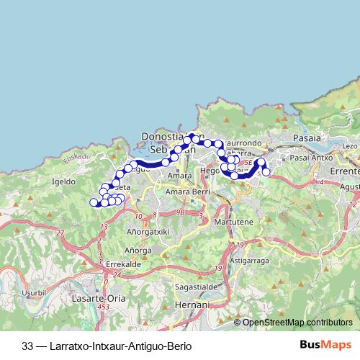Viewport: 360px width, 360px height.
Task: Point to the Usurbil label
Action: point(32,292)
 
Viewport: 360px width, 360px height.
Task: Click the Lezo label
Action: point(350,146)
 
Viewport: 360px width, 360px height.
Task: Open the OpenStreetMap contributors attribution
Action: point(297,322)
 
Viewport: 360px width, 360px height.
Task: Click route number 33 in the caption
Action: point(28,346)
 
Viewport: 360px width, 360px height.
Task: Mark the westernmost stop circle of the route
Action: point(93,203)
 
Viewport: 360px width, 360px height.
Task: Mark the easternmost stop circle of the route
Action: point(266,172)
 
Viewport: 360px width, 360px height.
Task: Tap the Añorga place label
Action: point(138,250)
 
